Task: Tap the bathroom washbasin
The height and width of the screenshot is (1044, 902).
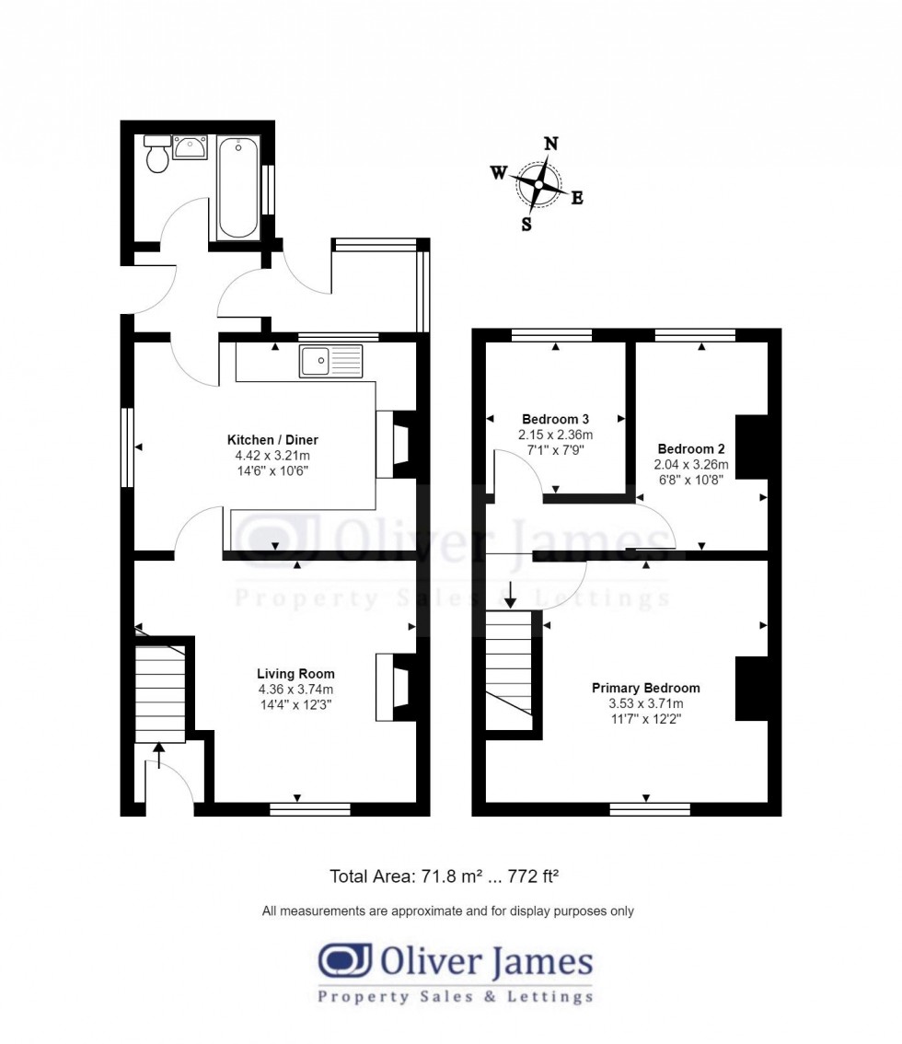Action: coord(191,146)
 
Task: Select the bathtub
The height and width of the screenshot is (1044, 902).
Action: coord(237,188)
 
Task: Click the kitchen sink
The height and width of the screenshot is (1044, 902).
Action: coord(330,361)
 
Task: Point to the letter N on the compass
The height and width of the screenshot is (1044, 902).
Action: coord(551,144)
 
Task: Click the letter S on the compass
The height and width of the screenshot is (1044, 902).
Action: coord(526,225)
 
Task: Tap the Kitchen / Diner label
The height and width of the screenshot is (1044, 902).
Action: coord(273,439)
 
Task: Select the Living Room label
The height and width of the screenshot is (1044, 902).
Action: coord(295,674)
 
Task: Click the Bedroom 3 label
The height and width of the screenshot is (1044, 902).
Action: coord(555,419)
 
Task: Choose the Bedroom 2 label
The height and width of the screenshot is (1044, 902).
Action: coord(691,448)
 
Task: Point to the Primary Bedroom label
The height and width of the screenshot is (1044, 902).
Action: coord(646,688)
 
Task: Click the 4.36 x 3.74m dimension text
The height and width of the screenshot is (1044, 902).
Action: coord(296,690)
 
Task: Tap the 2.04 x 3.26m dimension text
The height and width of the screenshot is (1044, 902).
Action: coord(691,465)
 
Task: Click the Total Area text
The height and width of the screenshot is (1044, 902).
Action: coord(444,876)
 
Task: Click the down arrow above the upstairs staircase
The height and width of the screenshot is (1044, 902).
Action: coord(510,595)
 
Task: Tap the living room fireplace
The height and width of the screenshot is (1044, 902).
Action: coord(397,687)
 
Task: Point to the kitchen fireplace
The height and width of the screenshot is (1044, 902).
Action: coord(397,444)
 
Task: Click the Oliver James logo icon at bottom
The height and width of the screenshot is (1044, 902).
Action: coord(344,960)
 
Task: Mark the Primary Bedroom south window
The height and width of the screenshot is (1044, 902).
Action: coord(650,809)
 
